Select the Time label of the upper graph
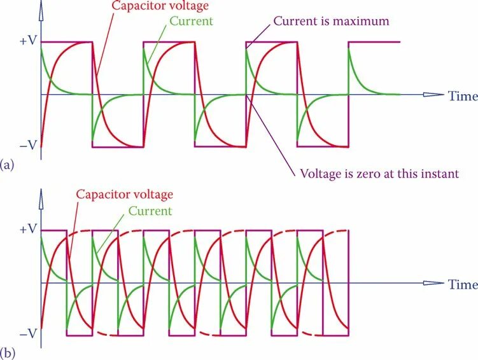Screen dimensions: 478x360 click(x=463, y=96)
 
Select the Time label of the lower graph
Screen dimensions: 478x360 click(x=463, y=284)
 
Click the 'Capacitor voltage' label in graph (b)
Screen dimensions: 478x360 click(x=125, y=195)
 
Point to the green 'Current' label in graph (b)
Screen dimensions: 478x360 click(x=150, y=211)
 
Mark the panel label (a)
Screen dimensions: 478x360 click(x=8, y=165)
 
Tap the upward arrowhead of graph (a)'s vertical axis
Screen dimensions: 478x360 click(x=41, y=8)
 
